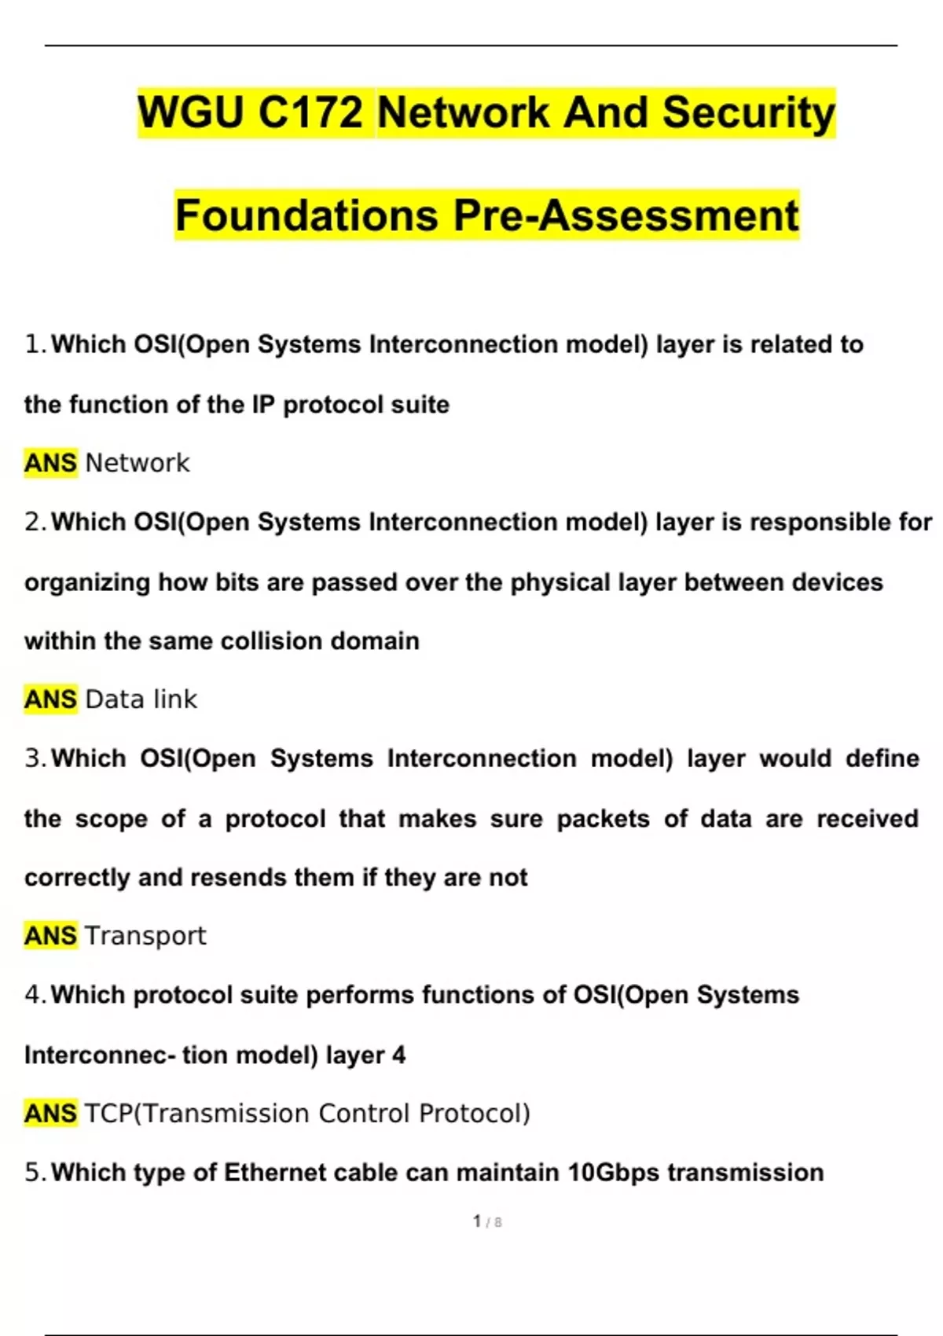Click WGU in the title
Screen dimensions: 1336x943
coord(191,112)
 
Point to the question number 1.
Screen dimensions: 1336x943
coord(33,344)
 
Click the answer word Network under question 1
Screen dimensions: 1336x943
coord(137,463)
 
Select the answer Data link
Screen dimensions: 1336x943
coord(141,699)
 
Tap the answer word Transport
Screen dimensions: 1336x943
coord(145,935)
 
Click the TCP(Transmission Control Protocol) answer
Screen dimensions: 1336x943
coord(307,1113)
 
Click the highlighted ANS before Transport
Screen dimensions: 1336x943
coord(50,935)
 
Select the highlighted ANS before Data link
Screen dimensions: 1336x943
coord(50,699)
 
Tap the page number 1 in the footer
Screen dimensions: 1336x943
coord(477,1220)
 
